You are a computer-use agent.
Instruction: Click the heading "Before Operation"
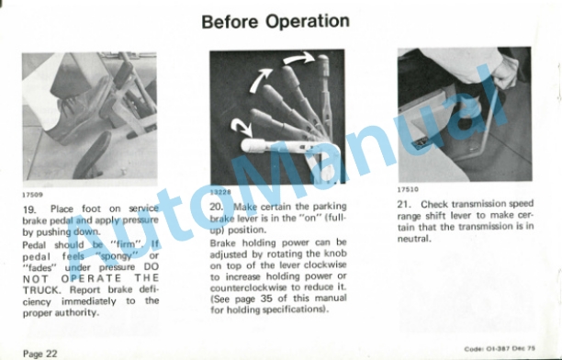point(275,21)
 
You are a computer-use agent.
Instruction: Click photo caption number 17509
point(33,195)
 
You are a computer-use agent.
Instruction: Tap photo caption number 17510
point(408,189)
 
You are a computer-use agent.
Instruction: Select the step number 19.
point(29,209)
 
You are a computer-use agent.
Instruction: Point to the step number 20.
point(217,207)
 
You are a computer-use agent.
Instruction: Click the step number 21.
point(403,205)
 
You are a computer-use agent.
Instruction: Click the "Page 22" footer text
point(39,354)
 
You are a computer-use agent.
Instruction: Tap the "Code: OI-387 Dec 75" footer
point(500,349)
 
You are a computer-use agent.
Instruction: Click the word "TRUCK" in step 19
point(40,289)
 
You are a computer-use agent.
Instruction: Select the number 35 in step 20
point(266,298)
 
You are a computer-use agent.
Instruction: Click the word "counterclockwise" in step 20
point(248,287)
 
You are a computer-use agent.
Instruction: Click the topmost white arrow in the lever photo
point(298,58)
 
